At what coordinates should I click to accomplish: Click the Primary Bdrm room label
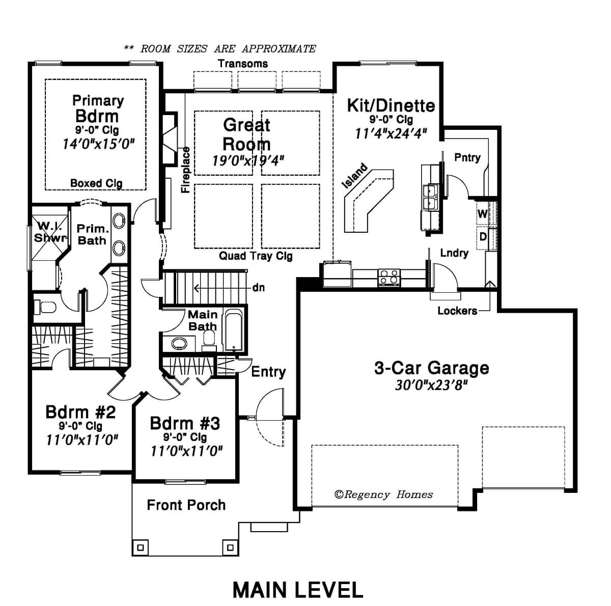[98, 108]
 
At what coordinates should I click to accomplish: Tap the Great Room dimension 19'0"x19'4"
[247, 160]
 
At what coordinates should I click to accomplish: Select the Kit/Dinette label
[391, 105]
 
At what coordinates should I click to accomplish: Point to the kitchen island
[369, 201]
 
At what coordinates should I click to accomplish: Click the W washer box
[482, 214]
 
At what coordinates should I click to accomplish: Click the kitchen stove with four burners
[388, 277]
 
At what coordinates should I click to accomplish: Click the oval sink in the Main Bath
[179, 343]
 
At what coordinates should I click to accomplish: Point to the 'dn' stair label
[259, 288]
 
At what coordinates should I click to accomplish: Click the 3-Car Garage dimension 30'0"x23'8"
[431, 385]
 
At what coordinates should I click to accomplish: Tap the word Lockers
[457, 311]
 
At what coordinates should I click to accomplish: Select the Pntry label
[467, 158]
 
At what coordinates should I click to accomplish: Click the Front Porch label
[186, 505]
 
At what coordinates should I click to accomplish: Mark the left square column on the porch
[141, 547]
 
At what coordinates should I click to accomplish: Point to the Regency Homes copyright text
[384, 494]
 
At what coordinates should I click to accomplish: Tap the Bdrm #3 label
[185, 423]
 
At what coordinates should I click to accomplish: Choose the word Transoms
[243, 64]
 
